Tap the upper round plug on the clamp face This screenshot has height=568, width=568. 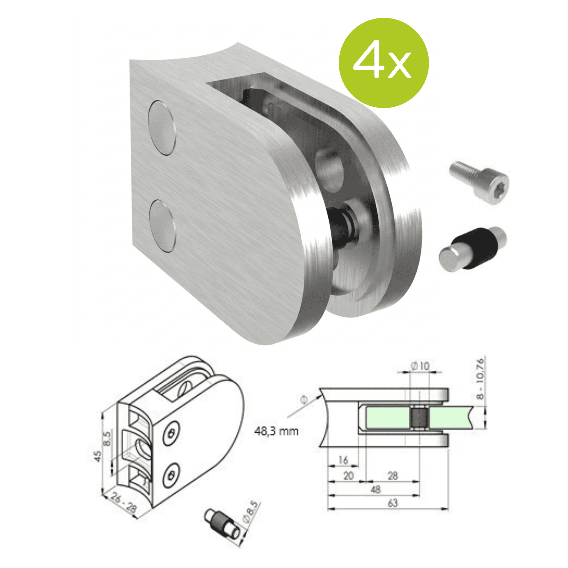pos(161,128)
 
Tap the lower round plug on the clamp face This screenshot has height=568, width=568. pos(162,226)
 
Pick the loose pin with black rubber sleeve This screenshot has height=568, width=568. pos(473,249)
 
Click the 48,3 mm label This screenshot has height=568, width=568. pos(276,431)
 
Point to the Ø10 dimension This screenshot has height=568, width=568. pos(420,366)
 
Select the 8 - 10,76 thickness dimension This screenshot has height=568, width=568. pos(480,378)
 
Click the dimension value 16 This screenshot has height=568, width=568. pos(343,460)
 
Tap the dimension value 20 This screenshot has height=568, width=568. pos(348,476)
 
